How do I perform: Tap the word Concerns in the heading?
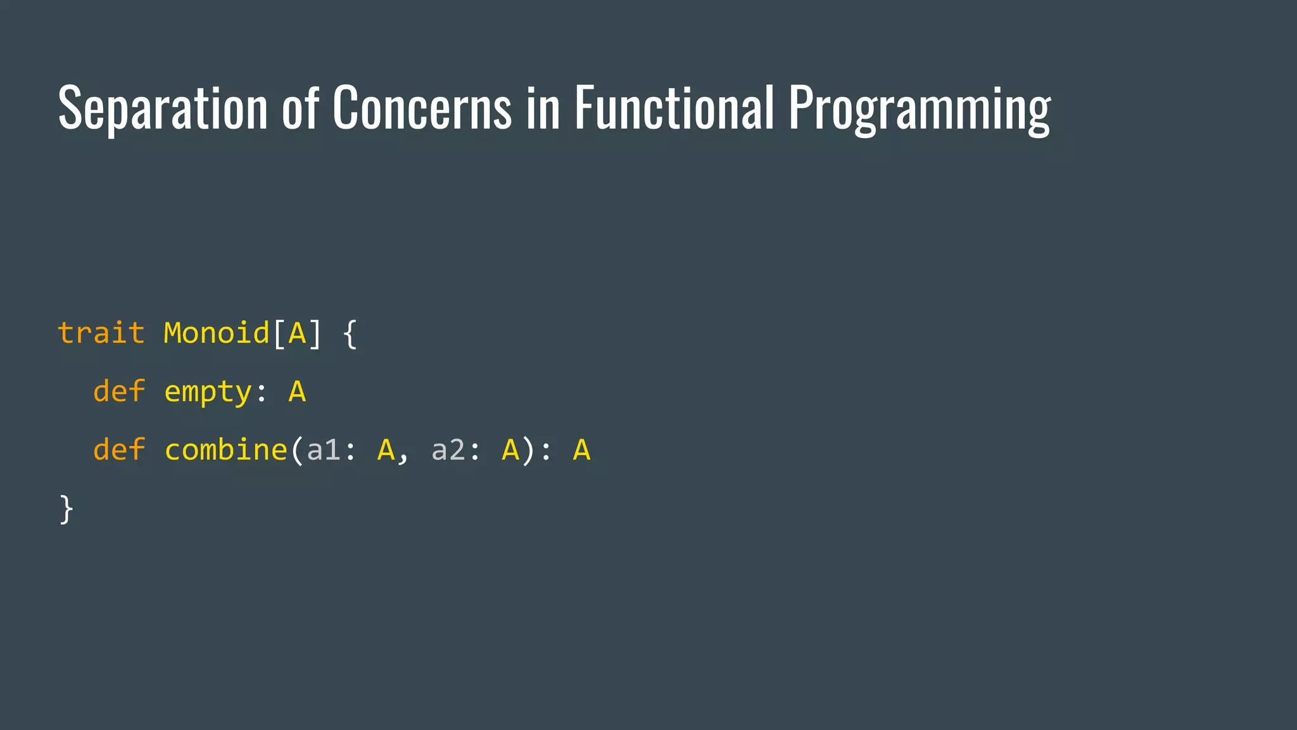click(421, 108)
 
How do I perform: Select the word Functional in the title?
click(674, 108)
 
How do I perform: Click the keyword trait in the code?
click(101, 333)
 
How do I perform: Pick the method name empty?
click(208, 392)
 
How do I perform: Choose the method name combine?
click(226, 450)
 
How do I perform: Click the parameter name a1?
click(324, 450)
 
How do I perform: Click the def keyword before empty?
click(119, 391)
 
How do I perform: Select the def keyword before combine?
click(119, 450)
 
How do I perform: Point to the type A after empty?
click(297, 392)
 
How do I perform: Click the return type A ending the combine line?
click(581, 450)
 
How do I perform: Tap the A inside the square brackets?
click(297, 333)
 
